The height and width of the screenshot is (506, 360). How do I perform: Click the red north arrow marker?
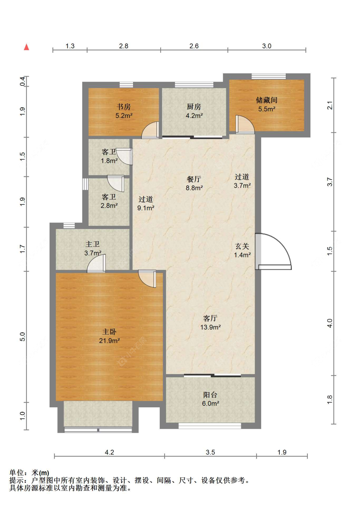(x=27, y=47)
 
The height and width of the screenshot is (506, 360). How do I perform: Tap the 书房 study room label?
(x=124, y=107)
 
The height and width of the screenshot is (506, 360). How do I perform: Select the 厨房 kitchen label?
(x=194, y=107)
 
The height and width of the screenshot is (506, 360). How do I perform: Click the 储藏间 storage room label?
(x=267, y=100)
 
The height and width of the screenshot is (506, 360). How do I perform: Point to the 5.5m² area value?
(x=267, y=109)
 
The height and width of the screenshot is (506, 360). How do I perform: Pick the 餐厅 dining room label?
(x=194, y=179)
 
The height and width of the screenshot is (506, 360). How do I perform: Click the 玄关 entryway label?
(x=242, y=246)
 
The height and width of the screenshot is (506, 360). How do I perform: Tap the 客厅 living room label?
(x=210, y=318)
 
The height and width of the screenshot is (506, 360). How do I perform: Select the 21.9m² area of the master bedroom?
(x=109, y=341)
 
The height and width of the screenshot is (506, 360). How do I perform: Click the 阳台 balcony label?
(x=210, y=395)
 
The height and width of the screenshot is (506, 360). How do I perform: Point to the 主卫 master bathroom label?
(x=92, y=244)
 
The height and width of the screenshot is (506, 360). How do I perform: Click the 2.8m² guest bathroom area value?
(x=109, y=206)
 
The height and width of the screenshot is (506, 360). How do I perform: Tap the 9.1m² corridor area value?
(x=146, y=208)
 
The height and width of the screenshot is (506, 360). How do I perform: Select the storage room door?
(x=245, y=124)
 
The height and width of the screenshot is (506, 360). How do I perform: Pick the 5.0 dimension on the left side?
(x=23, y=337)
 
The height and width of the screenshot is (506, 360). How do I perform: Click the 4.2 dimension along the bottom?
(x=109, y=452)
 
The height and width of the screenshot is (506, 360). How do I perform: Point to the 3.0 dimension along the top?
(x=267, y=46)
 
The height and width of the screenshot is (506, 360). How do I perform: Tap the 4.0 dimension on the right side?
(x=330, y=323)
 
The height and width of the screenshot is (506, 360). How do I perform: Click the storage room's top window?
(x=268, y=76)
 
